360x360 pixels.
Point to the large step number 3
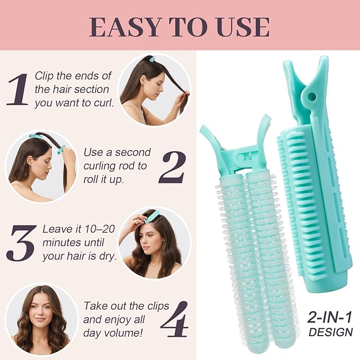click(23, 243)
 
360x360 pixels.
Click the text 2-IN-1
click(330, 318)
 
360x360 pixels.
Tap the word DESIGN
click(330, 332)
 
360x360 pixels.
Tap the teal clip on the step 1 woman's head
click(152, 59)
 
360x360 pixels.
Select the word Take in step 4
click(95, 306)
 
